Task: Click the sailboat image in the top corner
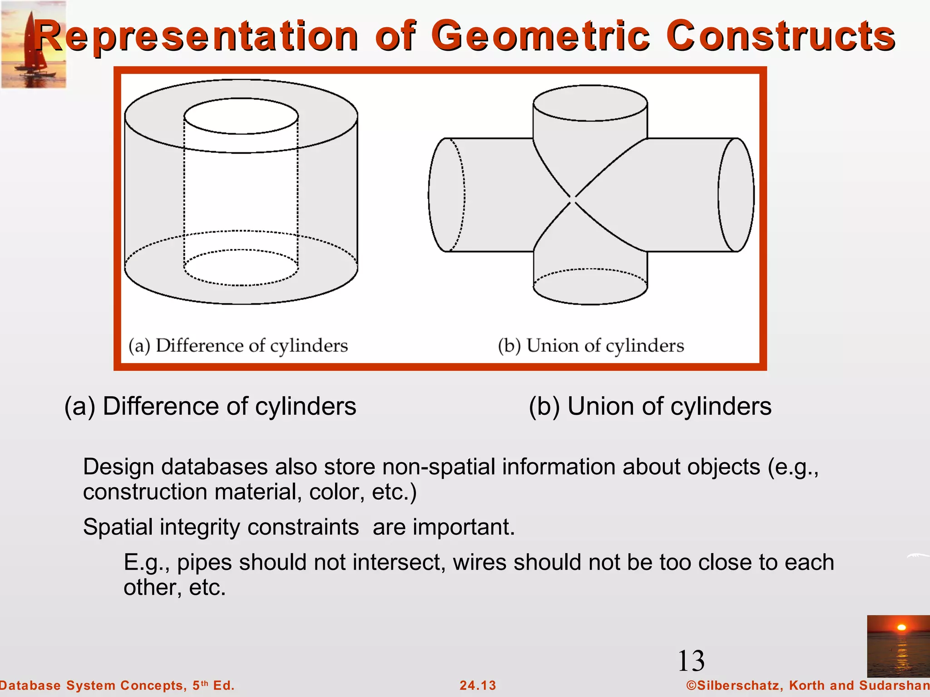coord(34,44)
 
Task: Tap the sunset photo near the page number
coord(898,646)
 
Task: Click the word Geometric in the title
coord(540,36)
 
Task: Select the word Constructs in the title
coord(780,36)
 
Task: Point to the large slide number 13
coord(691,661)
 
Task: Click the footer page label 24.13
coord(478,685)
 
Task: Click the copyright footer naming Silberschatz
coord(807,685)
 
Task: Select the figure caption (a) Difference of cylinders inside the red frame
coord(238,346)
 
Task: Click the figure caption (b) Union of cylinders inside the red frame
coord(590,346)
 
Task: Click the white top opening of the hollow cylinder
coord(241,116)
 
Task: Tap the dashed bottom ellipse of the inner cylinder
coord(241,268)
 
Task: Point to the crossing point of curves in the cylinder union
coord(573,199)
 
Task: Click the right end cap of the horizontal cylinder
coord(736,195)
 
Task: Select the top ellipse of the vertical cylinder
coord(590,103)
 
